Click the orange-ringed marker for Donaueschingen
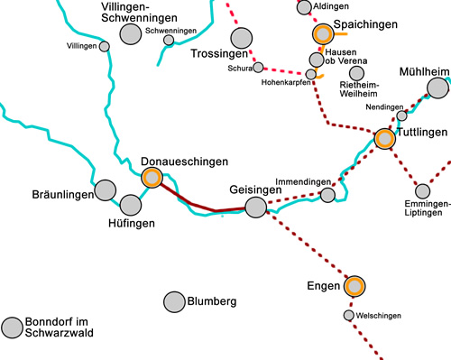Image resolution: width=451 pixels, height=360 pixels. pyautogui.click(x=152, y=178)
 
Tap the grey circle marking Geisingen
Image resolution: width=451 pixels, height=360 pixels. pyautogui.click(x=256, y=208)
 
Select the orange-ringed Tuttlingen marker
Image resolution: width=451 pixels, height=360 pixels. pyautogui.click(x=385, y=139)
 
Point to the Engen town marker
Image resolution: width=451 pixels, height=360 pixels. pyautogui.click(x=354, y=287)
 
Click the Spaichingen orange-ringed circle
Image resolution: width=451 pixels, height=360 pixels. pyautogui.click(x=322, y=35)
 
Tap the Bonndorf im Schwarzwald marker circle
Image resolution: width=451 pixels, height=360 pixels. pyautogui.click(x=13, y=328)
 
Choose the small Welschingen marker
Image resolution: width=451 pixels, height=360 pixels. pyautogui.click(x=349, y=316)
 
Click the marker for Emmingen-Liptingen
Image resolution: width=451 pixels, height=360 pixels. pyautogui.click(x=422, y=190)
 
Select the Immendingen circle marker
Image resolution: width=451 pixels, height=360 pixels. pyautogui.click(x=328, y=194)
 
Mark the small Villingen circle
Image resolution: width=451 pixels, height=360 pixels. pyautogui.click(x=105, y=46)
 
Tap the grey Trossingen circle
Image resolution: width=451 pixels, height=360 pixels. pyautogui.click(x=241, y=38)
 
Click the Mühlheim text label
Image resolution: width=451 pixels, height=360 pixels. pyautogui.click(x=424, y=71)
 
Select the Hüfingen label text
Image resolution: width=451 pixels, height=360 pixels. pyautogui.click(x=132, y=222)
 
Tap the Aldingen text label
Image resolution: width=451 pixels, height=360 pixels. pyautogui.click(x=330, y=6)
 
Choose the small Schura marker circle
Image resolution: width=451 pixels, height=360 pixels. pyautogui.click(x=259, y=67)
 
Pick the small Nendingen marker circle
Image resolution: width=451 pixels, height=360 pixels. pyautogui.click(x=402, y=115)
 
